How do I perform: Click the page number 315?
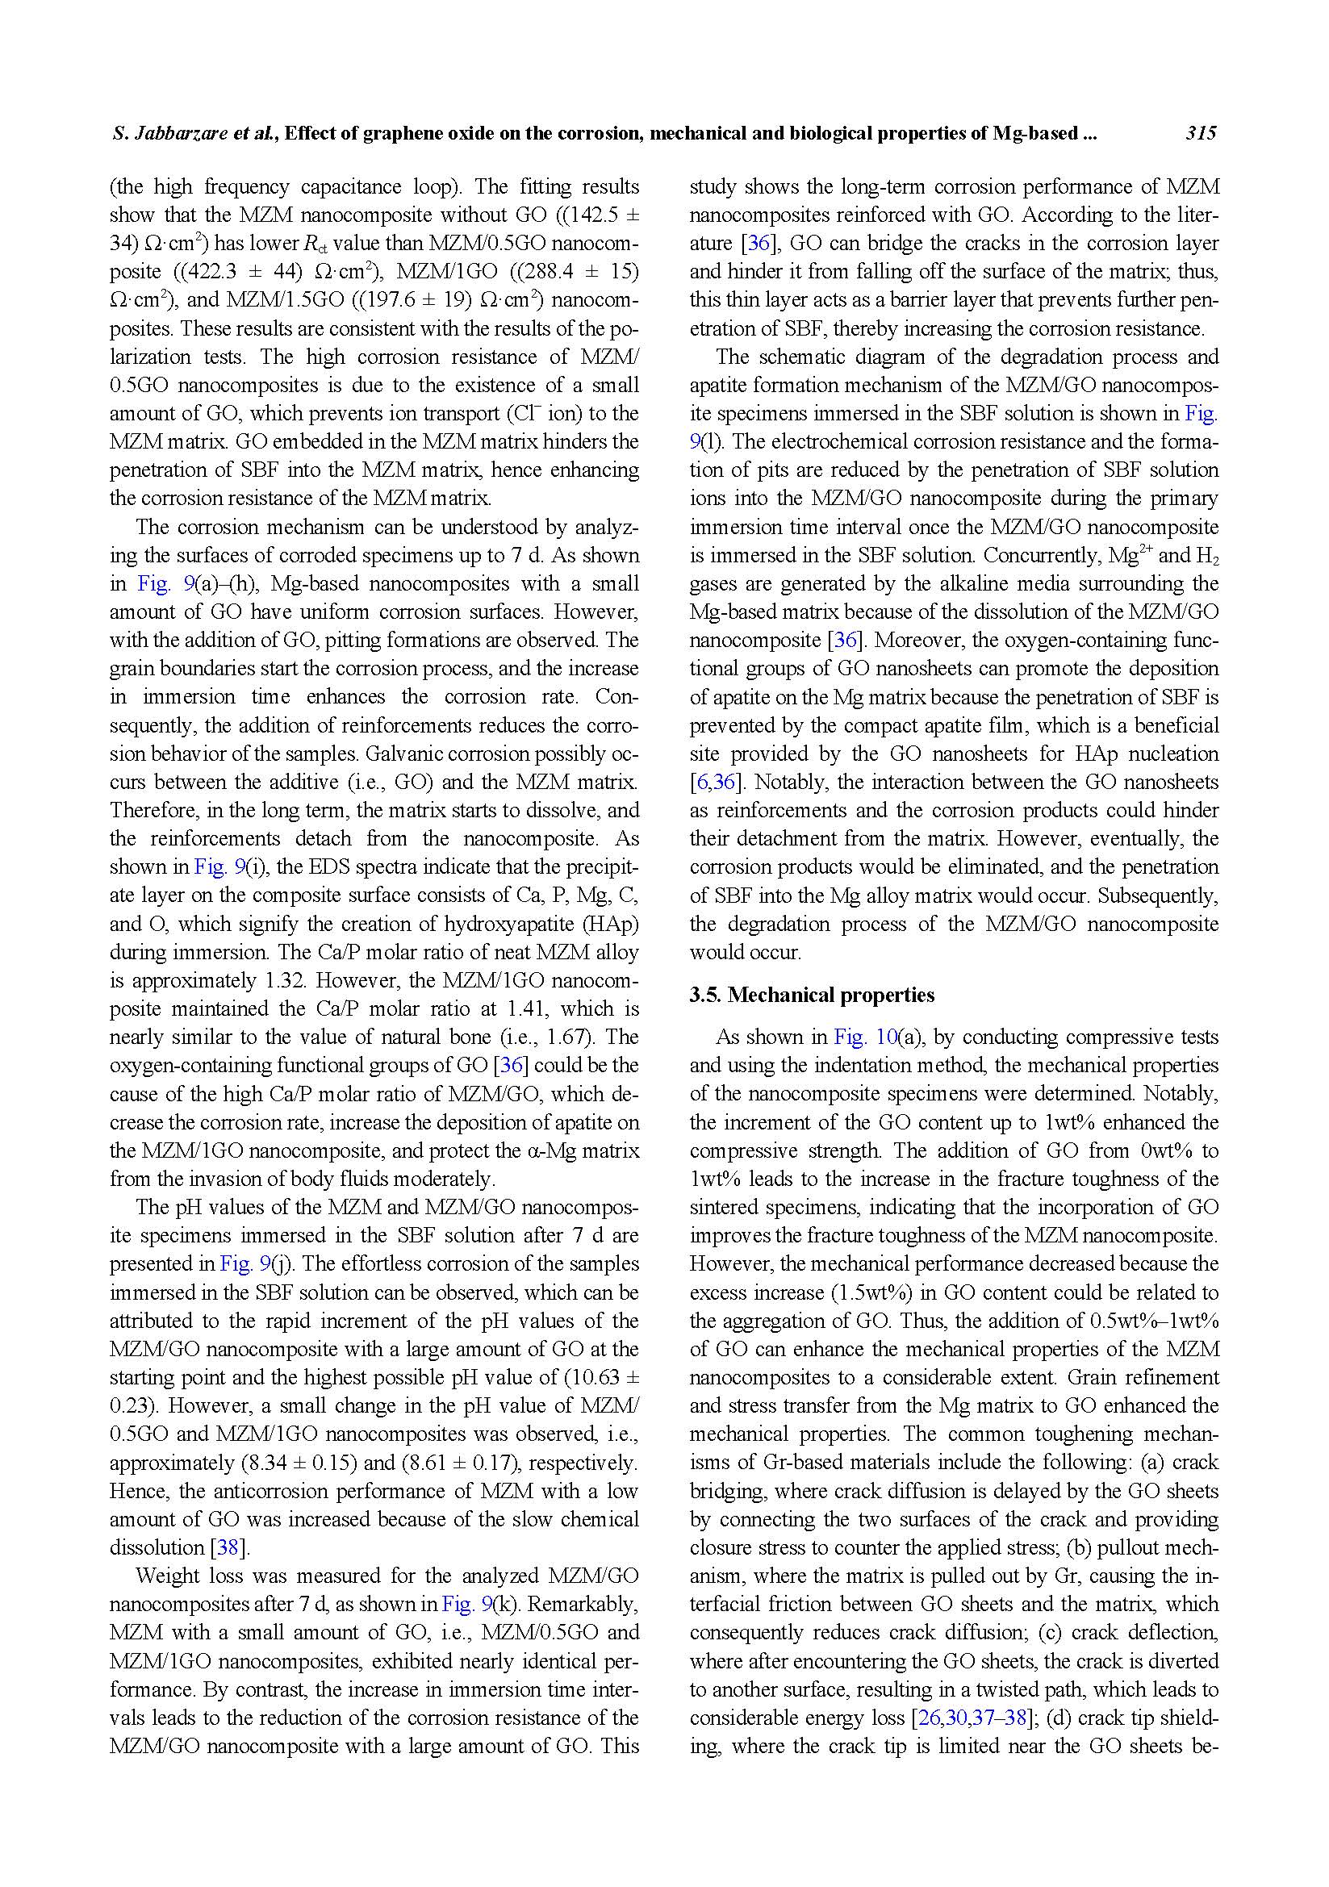1200,134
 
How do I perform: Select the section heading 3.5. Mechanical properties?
811,996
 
